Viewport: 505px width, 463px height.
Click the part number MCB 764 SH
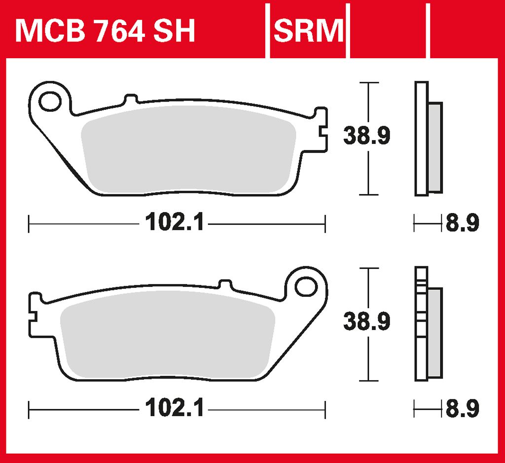click(x=105, y=31)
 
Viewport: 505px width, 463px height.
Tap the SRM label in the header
click(x=309, y=31)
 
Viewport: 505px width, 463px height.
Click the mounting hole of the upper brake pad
click(x=50, y=102)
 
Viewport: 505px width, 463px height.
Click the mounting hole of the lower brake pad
click(x=306, y=286)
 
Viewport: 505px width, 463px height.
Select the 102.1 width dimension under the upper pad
click(x=175, y=222)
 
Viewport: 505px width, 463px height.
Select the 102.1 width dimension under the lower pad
click(x=175, y=408)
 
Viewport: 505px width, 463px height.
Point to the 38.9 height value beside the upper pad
click(x=367, y=136)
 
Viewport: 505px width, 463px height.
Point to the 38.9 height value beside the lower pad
click(x=367, y=321)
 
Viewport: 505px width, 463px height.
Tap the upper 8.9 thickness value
click(x=463, y=222)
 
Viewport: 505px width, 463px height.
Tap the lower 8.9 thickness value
click(x=463, y=408)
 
